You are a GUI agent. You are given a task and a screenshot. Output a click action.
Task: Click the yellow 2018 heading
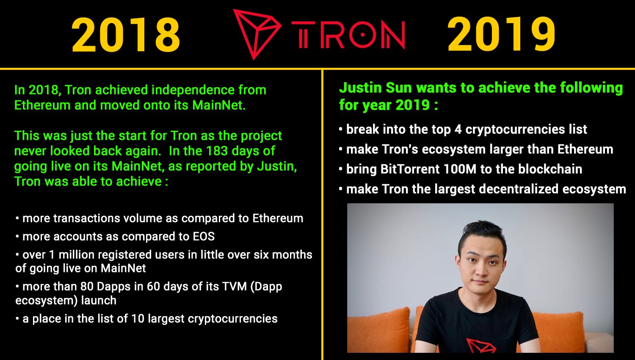coord(126,35)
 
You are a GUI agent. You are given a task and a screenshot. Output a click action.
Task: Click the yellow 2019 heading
coord(501,34)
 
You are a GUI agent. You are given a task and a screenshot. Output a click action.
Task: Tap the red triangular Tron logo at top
coord(257,33)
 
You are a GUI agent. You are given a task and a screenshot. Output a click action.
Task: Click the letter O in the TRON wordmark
coord(362,35)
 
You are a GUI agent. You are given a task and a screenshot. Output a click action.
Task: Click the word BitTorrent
coord(410,169)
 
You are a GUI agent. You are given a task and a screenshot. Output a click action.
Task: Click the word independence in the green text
coord(193,90)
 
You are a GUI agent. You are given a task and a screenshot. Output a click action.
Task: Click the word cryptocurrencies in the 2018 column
coord(232,319)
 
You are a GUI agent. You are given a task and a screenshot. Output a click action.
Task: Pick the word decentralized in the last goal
coord(519,189)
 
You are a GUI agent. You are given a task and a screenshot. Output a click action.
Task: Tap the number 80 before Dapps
coord(87,287)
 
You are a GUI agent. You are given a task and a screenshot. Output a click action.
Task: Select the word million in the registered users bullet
coord(77,255)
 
